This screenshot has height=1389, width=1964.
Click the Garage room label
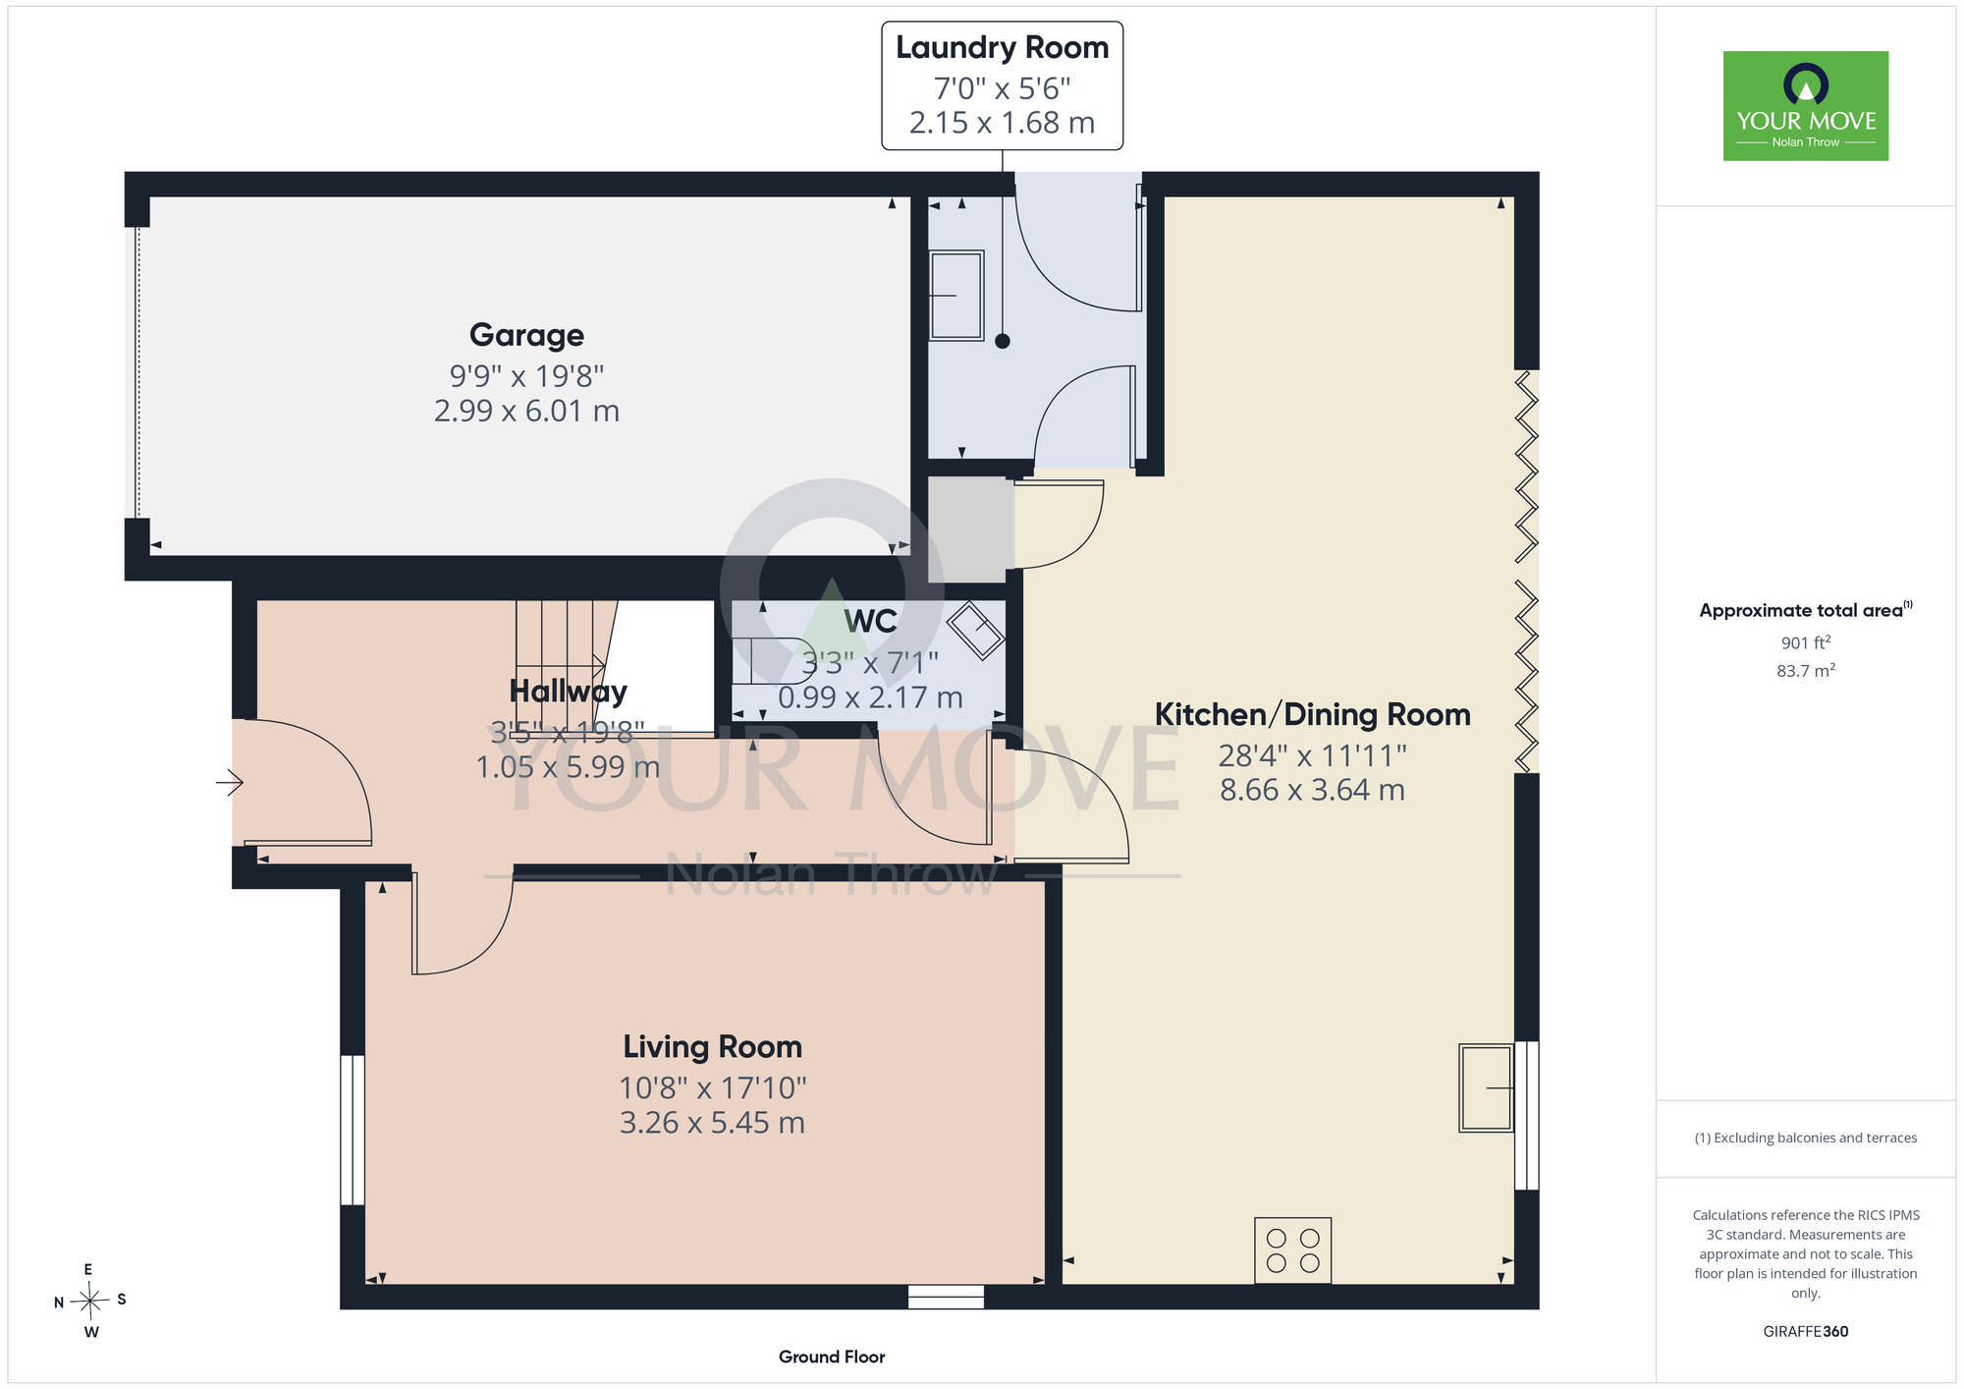coord(526,336)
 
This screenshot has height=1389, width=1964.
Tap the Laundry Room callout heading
coord(1002,47)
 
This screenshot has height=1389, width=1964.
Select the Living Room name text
coord(713,1047)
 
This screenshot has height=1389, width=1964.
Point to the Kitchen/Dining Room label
coord(1312,715)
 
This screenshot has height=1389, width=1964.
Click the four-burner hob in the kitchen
coord(1292,1250)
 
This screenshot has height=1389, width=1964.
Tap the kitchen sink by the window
coord(1486,1087)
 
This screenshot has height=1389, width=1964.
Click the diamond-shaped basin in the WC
coord(975,630)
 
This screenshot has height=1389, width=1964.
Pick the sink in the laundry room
coord(956,295)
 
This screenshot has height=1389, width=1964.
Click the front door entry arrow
coord(230,783)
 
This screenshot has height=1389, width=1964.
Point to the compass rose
coord(89,1302)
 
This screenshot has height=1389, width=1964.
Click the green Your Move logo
coord(1806,106)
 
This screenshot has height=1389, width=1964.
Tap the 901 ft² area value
coord(1806,642)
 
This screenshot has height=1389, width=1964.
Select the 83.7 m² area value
coord(1806,671)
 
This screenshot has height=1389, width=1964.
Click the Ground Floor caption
coord(832,1357)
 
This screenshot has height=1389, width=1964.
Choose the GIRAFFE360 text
coord(1806,1332)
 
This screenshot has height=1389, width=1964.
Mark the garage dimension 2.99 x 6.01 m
coord(526,411)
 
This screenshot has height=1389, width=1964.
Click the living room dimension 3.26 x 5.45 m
coord(713,1123)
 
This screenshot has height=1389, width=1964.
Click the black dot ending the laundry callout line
coord(1002,342)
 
